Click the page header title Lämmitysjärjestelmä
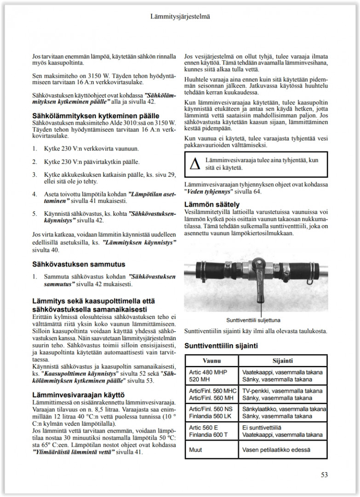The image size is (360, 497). (x=180, y=17)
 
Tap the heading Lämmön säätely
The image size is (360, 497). (x=211, y=204)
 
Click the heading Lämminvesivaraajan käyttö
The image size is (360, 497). (x=79, y=394)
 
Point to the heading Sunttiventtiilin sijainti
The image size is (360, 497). (x=221, y=346)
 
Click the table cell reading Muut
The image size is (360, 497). (x=196, y=450)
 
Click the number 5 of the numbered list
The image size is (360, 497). (x=34, y=214)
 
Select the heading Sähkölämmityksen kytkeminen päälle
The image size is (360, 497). (x=96, y=116)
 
